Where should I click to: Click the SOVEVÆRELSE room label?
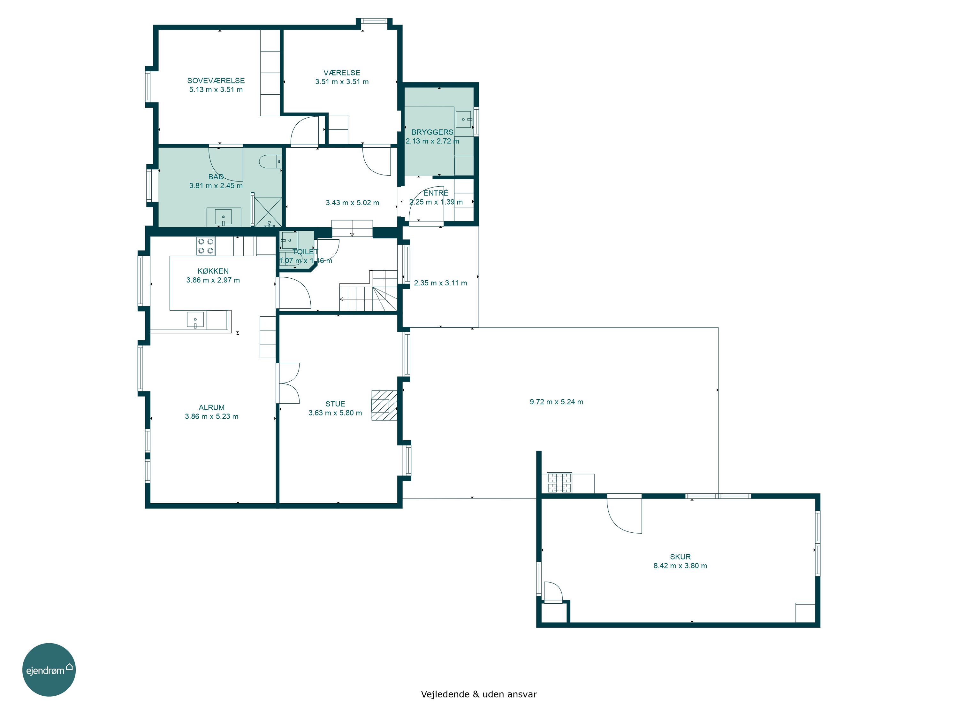point(216,81)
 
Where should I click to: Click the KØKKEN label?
point(213,271)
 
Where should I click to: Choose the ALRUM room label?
point(211,408)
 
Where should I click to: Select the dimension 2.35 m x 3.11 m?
point(440,283)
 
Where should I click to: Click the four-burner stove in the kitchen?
point(206,246)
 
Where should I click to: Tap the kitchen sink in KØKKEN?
point(195,320)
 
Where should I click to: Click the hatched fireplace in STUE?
point(384,405)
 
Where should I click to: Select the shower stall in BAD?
point(268,212)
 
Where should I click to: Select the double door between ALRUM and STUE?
point(288,383)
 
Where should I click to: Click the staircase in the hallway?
point(368,291)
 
